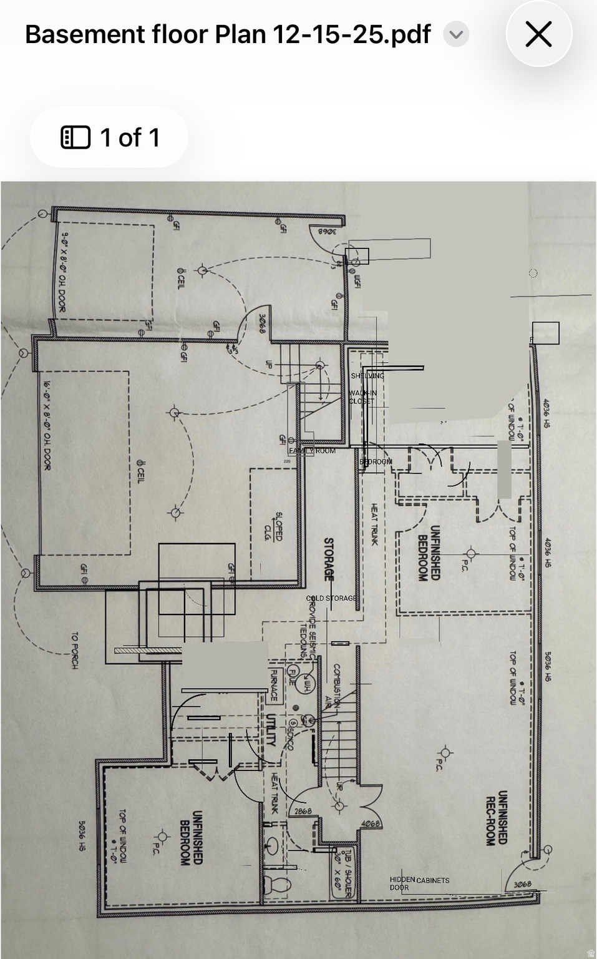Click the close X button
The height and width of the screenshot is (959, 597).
point(538,34)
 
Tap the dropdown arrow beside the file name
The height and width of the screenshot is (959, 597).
point(456,34)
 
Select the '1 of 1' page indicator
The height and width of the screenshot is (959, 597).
point(110,137)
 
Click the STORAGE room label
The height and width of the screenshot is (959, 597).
point(328,559)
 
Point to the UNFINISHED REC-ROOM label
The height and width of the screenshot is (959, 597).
point(497,818)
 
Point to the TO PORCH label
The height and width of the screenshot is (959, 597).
point(74,651)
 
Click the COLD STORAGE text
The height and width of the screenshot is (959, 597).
point(331,598)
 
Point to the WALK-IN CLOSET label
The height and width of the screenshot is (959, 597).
point(362,397)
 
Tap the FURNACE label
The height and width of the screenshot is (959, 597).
point(273,685)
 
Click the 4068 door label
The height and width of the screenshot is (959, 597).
point(371,824)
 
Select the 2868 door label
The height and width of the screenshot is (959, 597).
point(303,812)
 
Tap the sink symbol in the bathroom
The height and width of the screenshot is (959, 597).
point(273,847)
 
